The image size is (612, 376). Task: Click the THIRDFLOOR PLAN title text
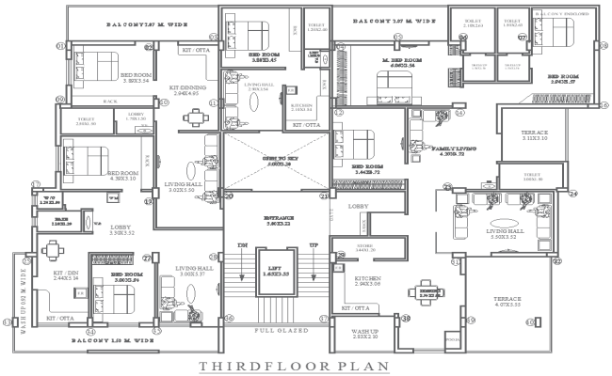306,366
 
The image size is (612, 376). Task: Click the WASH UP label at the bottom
365,333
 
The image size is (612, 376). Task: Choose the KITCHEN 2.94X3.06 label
367,280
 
